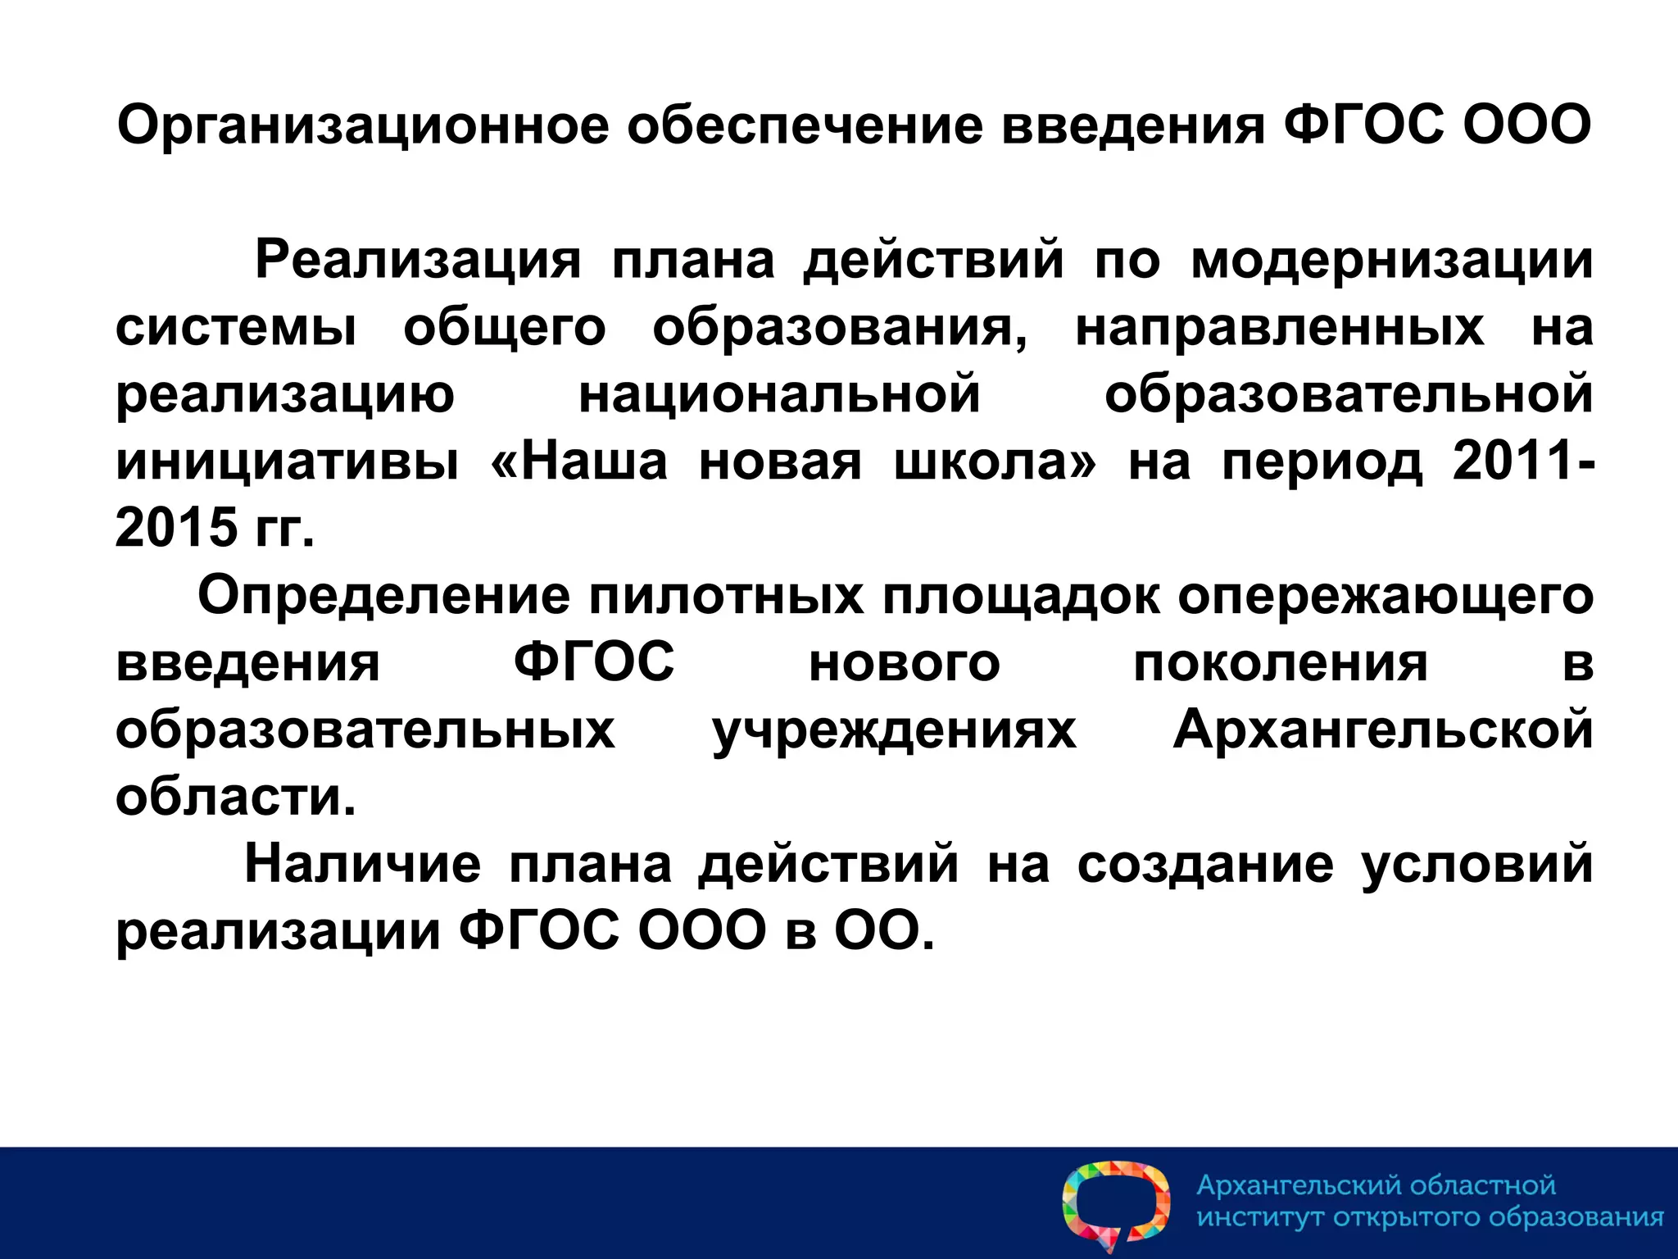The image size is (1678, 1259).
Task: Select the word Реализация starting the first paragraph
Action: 418,261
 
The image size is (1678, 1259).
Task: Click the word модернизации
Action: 1391,261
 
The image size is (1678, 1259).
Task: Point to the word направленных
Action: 1279,328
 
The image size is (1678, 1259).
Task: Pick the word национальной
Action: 779,394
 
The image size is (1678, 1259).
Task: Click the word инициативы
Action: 287,461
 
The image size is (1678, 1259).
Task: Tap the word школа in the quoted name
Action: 994,461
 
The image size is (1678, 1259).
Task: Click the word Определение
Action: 383,596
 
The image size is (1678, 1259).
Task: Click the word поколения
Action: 1280,663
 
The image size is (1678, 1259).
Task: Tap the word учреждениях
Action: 894,730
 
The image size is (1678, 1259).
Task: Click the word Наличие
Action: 363,864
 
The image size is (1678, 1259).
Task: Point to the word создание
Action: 1205,864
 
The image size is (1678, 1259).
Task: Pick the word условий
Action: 1477,864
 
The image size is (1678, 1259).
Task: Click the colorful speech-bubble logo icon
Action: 1115,1205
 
